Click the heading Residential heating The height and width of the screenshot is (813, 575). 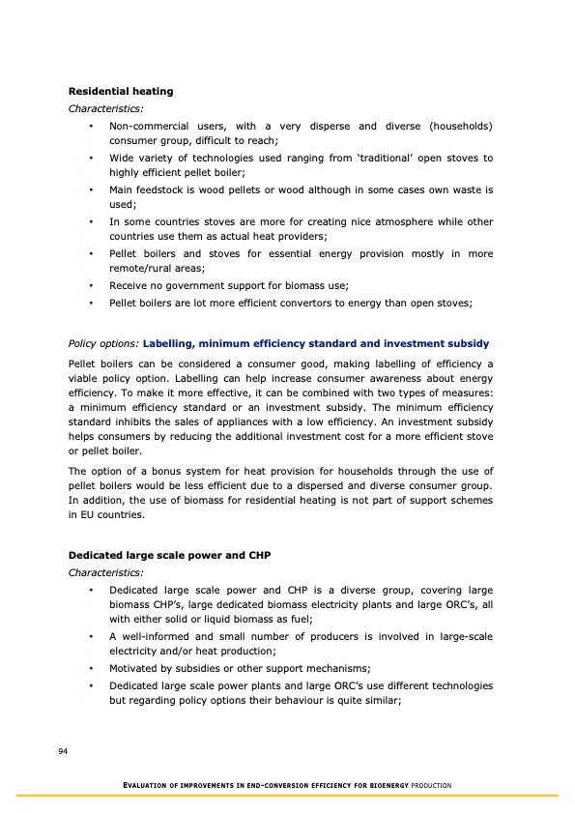point(121,91)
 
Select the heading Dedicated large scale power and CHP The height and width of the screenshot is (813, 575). point(155,555)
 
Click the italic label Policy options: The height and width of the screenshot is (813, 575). point(102,343)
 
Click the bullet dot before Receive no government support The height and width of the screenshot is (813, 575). point(90,286)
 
